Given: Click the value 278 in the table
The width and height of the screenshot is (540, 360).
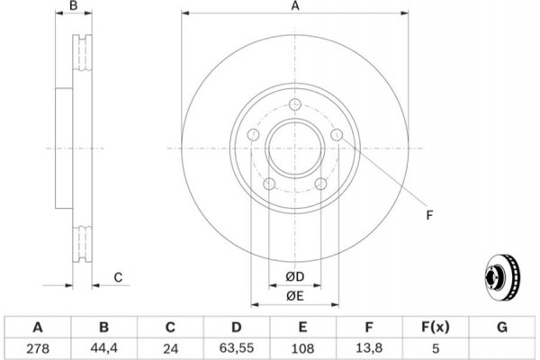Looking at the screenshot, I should point(38,346).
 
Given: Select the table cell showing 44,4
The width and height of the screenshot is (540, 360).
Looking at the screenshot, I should point(104,346).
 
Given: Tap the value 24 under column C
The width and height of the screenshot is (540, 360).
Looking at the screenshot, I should point(171,346).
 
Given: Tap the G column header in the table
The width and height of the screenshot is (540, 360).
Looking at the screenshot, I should point(502,326).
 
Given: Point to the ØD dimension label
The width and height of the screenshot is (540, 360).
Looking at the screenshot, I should point(294,275).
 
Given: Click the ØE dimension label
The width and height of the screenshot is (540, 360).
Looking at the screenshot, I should point(294,295).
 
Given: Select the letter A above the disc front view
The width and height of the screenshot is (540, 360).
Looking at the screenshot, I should point(294,7).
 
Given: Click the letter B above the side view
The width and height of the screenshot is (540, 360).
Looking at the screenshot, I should point(76,7).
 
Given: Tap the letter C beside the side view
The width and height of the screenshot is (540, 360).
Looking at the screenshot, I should point(118,277).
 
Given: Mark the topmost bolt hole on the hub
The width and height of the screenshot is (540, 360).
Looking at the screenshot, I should point(294,104).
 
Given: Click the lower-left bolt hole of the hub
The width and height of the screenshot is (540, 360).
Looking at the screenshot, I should point(268,184).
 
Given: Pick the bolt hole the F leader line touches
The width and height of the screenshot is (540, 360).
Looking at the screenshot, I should point(337,135).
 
